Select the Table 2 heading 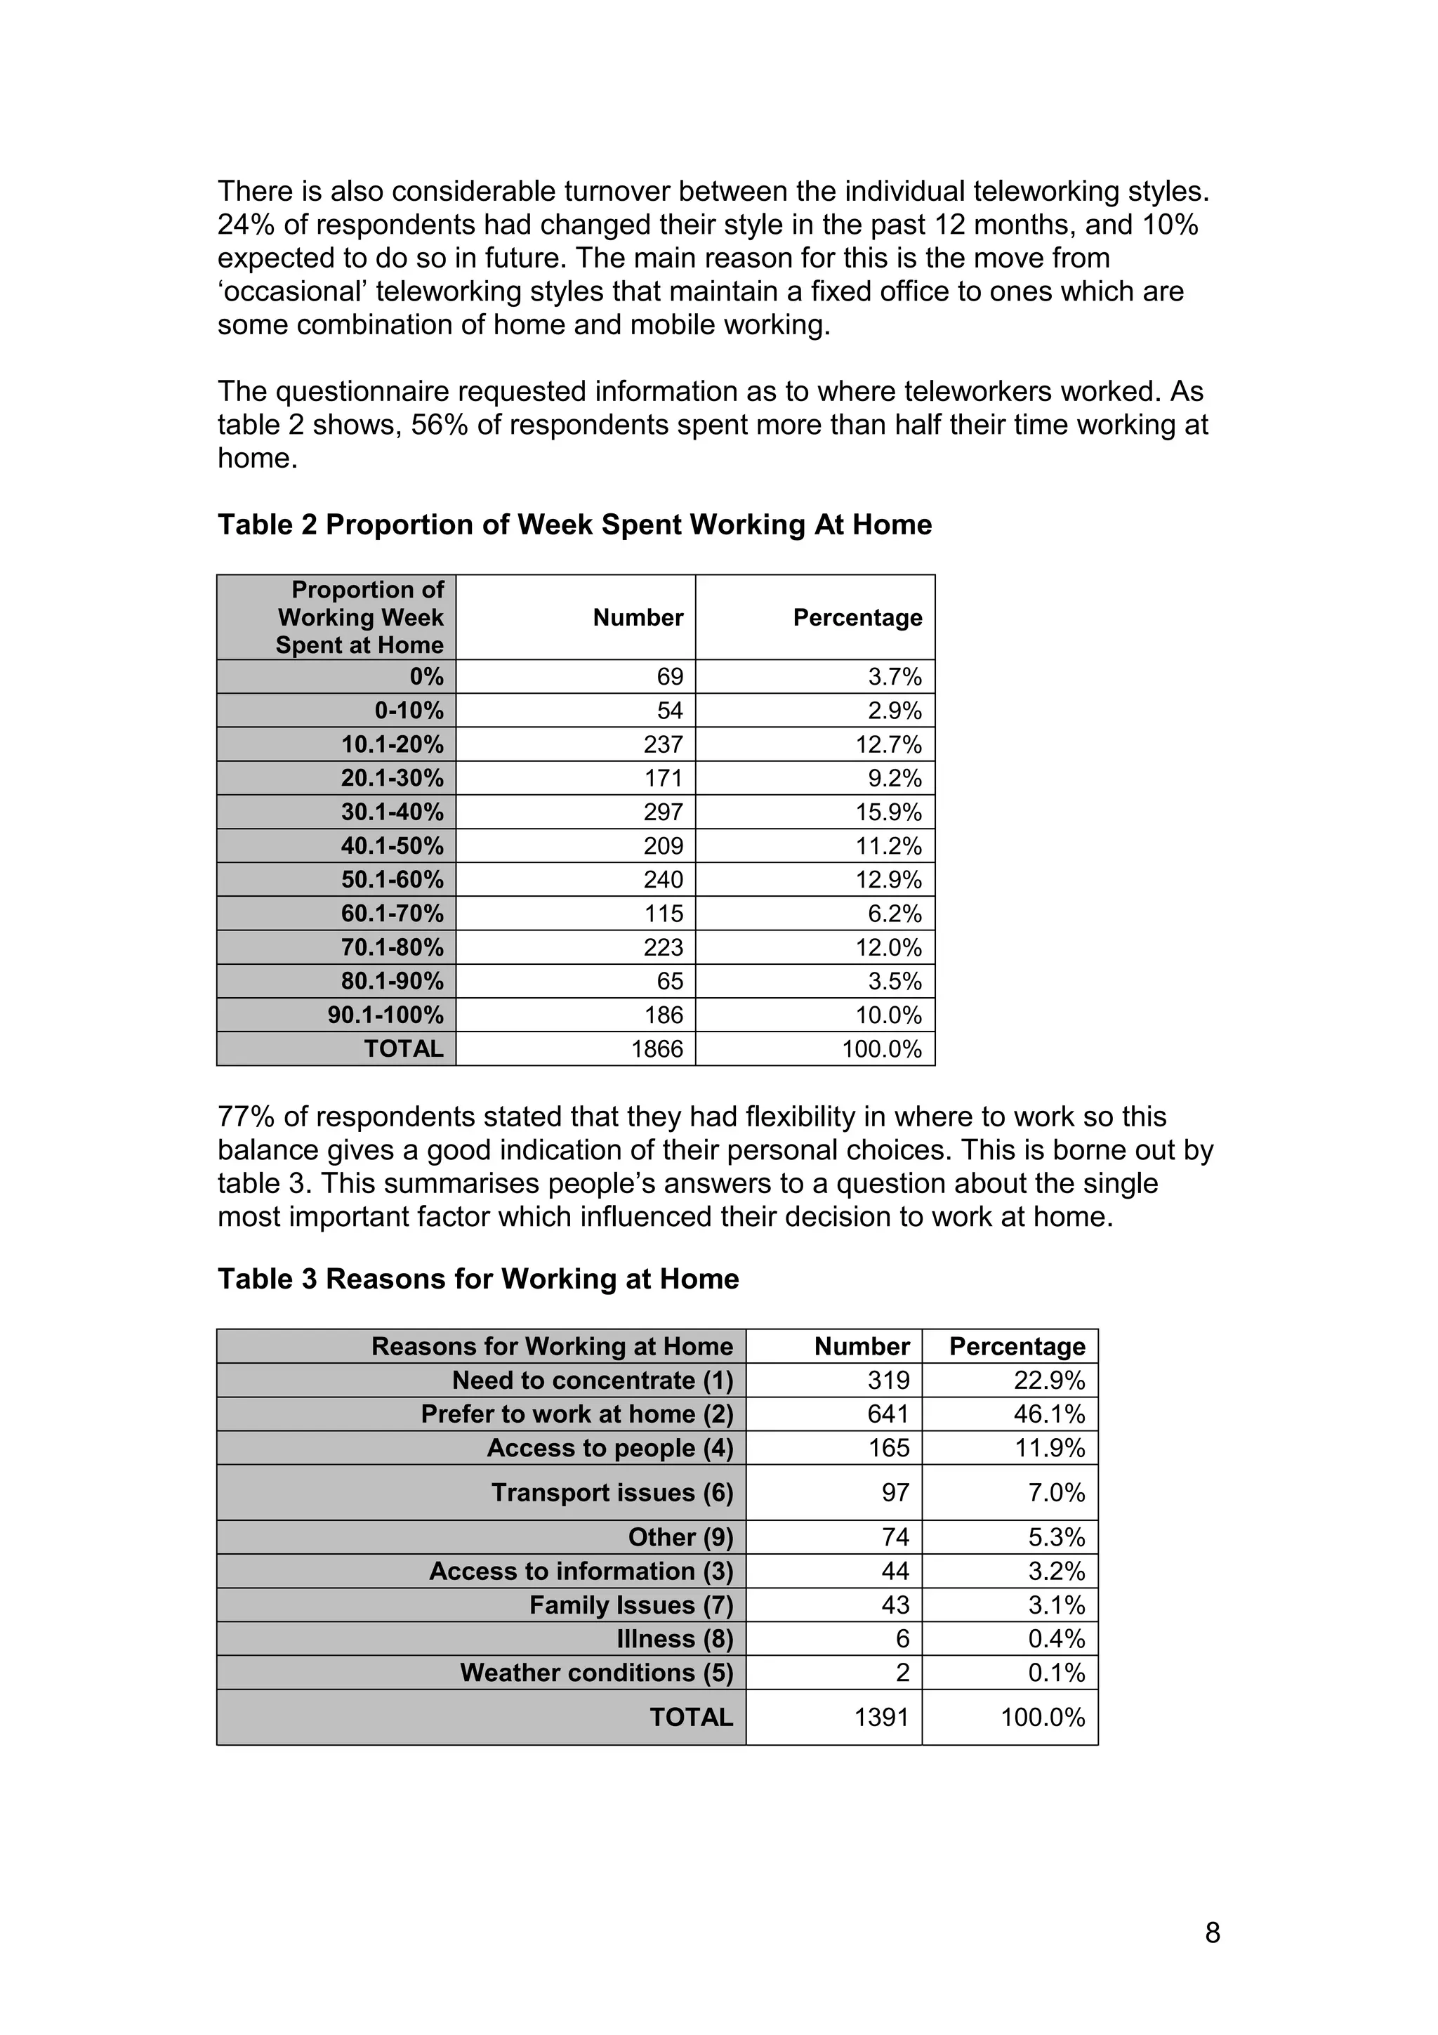click(574, 525)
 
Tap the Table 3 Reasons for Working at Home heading click(477, 1279)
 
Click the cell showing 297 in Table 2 click(663, 812)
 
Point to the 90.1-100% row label click(385, 1015)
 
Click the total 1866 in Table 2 click(657, 1049)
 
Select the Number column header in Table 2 click(638, 618)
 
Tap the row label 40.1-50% click(392, 845)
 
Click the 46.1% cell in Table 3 click(1049, 1414)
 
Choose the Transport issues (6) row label click(612, 1493)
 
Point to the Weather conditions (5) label click(596, 1673)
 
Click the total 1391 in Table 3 click(882, 1718)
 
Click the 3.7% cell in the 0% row click(894, 677)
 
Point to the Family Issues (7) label click(631, 1605)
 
